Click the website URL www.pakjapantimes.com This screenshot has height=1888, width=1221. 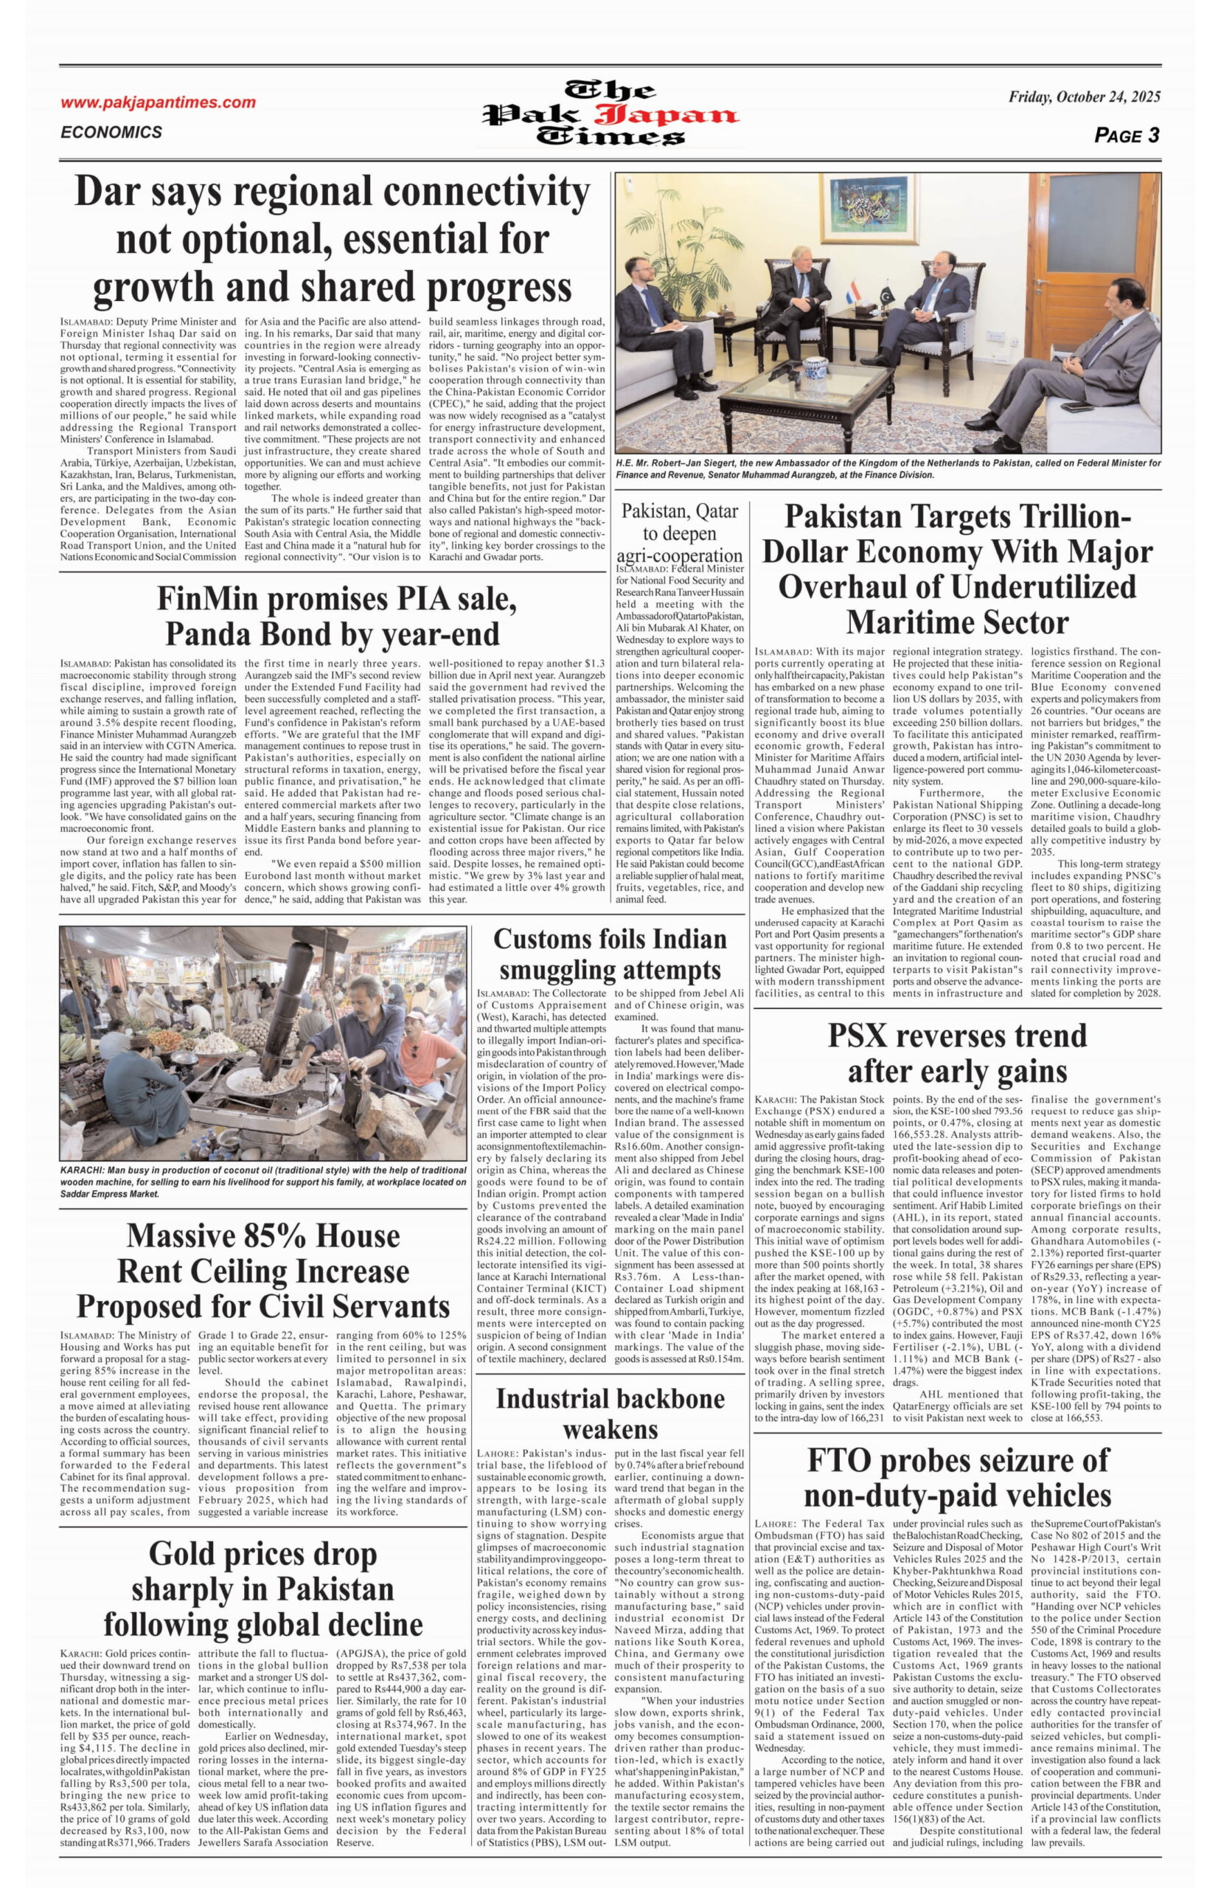click(x=158, y=103)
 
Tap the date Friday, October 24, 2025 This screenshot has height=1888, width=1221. click(x=1084, y=97)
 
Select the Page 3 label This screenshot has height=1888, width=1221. click(x=1126, y=136)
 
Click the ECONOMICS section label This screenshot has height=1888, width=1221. click(x=111, y=133)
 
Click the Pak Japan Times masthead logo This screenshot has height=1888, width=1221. click(x=611, y=114)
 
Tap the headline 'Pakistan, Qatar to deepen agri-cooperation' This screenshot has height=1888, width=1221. click(x=680, y=533)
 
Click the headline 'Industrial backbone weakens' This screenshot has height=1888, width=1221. click(x=610, y=1420)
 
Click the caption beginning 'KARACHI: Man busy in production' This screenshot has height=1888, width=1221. click(x=262, y=1181)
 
